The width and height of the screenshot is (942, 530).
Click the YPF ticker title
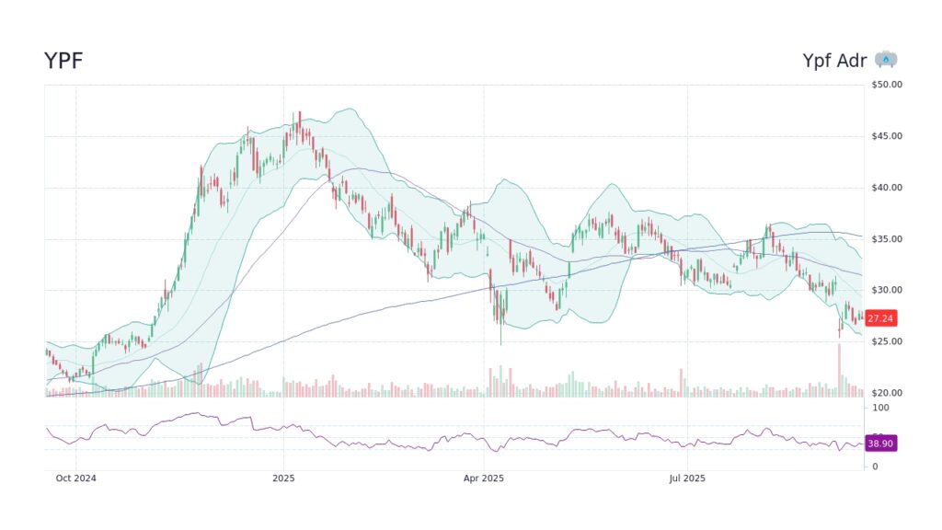[63, 61]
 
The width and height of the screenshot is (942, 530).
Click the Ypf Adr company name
[834, 61]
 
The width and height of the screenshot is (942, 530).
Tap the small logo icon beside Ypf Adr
[886, 60]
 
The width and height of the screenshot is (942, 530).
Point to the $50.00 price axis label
[887, 85]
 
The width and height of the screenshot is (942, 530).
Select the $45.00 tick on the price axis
[887, 136]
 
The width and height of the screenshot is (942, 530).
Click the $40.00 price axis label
[887, 188]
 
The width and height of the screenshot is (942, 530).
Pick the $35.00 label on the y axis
[887, 239]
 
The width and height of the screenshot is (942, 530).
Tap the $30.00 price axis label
[887, 291]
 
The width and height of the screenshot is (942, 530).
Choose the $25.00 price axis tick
[887, 342]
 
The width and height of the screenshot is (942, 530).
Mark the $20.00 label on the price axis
[887, 394]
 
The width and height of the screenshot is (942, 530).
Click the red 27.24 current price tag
[880, 318]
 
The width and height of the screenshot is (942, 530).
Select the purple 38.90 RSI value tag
[880, 444]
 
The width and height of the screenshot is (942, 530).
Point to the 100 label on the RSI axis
[880, 407]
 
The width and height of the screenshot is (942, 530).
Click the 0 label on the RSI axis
[874, 467]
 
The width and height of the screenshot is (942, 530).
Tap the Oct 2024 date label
[75, 478]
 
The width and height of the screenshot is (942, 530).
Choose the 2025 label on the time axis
[283, 478]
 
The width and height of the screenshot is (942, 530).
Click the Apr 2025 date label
[483, 478]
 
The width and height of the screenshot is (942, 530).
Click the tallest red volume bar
[839, 369]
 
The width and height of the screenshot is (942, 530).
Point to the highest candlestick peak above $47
[299, 114]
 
